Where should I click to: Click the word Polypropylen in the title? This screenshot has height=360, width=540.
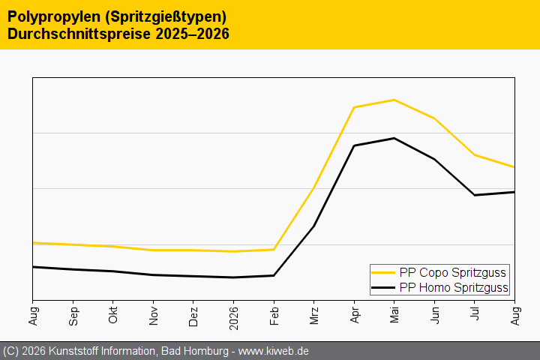(x=54, y=17)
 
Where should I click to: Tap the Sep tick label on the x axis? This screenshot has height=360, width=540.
(x=73, y=316)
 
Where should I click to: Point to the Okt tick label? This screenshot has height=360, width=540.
(x=113, y=315)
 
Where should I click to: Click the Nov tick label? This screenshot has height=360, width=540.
(x=154, y=316)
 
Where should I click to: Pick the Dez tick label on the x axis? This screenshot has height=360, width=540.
(x=193, y=316)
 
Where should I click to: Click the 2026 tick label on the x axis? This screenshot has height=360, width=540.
(x=233, y=318)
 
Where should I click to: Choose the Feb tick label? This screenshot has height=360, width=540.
(x=274, y=316)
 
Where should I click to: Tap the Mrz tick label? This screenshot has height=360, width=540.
(x=314, y=316)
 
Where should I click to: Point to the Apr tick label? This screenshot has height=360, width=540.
(x=354, y=315)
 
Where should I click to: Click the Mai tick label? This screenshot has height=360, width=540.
(x=394, y=315)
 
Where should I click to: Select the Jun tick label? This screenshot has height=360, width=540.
(x=434, y=315)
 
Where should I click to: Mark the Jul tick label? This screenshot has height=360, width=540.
(x=475, y=313)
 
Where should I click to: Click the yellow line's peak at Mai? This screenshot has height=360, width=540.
(x=394, y=100)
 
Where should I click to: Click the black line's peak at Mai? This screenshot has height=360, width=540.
(x=394, y=138)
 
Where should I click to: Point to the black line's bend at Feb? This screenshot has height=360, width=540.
(x=274, y=275)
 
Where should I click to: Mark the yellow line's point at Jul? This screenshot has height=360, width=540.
(x=475, y=155)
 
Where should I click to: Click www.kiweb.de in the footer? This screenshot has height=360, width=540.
(x=274, y=352)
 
